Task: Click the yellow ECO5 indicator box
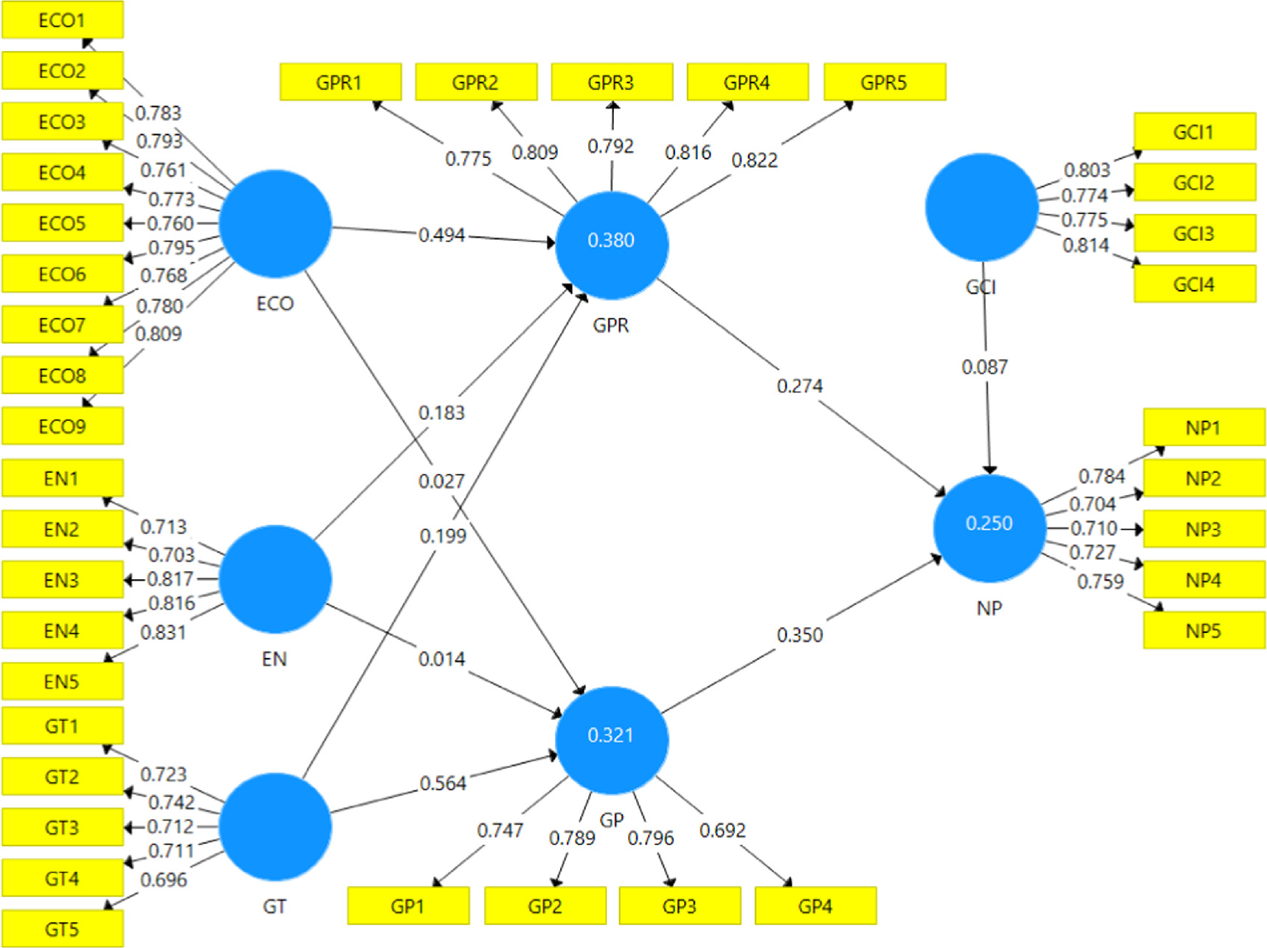63,223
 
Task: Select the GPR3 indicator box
612,82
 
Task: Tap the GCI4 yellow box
1195,284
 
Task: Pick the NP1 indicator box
1204,427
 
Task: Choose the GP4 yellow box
815,906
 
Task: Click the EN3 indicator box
63,580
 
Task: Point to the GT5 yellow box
63,929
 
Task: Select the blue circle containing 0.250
990,527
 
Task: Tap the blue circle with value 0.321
612,740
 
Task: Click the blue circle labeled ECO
275,224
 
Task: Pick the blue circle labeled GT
275,826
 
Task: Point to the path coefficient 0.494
442,235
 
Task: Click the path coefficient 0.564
443,783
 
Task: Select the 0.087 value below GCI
984,367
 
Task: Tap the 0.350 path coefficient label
800,635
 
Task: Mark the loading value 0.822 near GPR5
754,160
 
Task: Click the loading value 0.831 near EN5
163,632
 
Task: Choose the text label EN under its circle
275,659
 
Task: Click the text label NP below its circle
990,608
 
